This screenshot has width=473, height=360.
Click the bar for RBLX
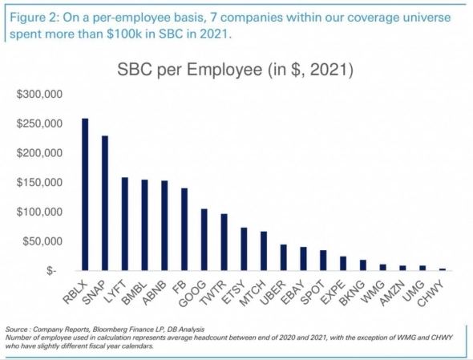(x=85, y=195)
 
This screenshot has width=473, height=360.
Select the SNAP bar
(x=105, y=204)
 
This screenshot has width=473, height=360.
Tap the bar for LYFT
(x=125, y=224)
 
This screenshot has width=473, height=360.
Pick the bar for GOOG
(x=204, y=241)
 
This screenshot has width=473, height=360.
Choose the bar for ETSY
(x=243, y=249)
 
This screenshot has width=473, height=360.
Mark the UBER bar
(x=283, y=258)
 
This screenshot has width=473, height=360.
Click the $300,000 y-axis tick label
(x=40, y=95)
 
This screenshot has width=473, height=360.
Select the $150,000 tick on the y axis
(x=40, y=183)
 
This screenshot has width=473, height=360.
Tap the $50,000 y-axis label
(x=42, y=241)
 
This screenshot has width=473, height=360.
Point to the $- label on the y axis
(x=51, y=271)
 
